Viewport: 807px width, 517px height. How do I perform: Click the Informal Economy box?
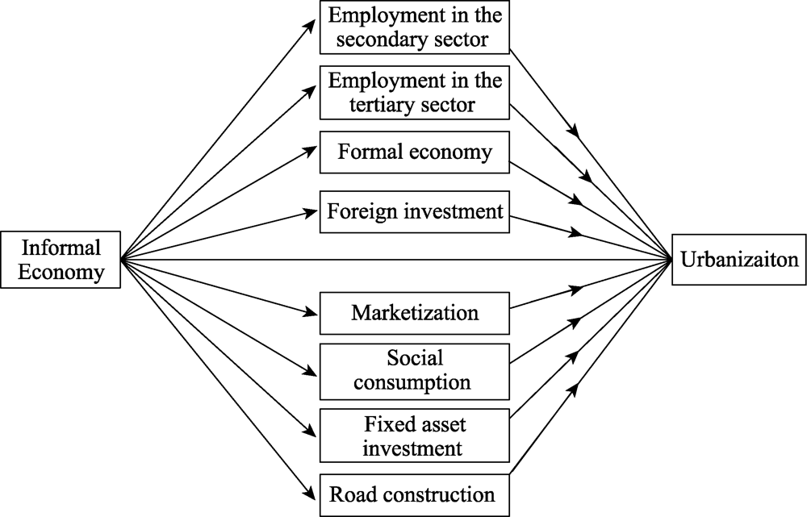point(61,260)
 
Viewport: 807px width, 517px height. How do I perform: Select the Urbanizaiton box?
point(739,259)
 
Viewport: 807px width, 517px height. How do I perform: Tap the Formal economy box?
point(415,152)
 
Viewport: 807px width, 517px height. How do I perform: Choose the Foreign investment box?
point(415,212)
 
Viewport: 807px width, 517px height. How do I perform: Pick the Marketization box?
point(415,313)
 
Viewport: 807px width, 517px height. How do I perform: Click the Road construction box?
point(415,495)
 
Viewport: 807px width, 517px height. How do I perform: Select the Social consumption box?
point(415,371)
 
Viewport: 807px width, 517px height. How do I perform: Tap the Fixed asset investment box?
point(415,436)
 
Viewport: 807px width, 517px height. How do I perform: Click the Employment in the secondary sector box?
point(415,27)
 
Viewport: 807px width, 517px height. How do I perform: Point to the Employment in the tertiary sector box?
point(415,93)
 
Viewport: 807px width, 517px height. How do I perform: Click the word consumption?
point(412,383)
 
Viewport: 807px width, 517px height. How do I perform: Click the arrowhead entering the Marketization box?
point(311,312)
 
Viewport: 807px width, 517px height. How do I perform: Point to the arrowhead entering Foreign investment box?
point(311,211)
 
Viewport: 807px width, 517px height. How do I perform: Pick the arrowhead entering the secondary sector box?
point(311,27)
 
